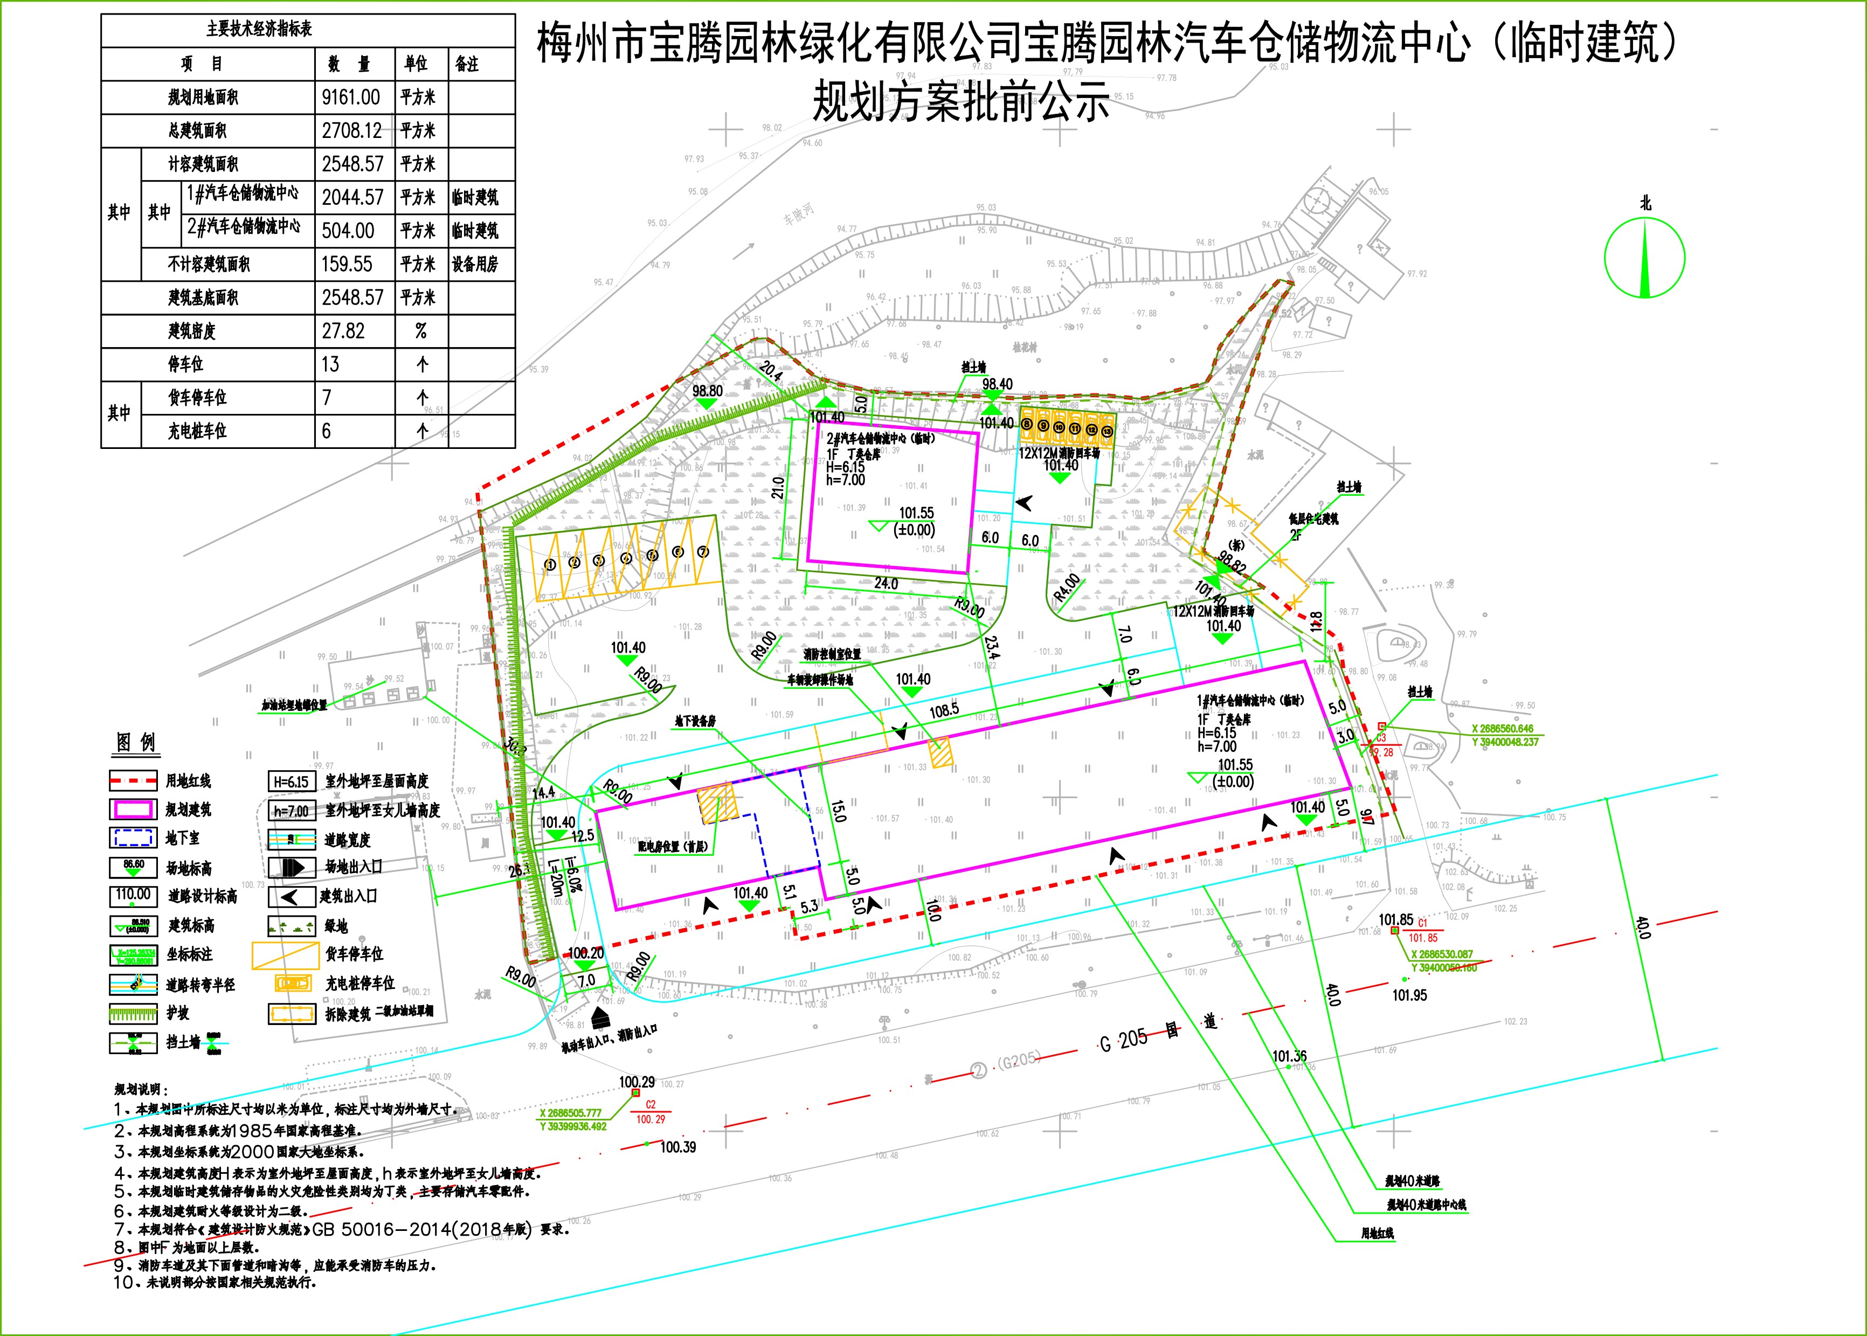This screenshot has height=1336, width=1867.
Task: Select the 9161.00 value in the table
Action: tap(351, 97)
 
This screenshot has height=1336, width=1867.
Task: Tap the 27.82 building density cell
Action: tap(343, 331)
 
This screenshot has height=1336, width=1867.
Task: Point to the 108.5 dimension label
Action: tap(944, 709)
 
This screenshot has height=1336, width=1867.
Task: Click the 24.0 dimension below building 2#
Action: tap(886, 583)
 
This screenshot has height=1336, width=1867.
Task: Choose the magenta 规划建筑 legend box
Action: tap(133, 809)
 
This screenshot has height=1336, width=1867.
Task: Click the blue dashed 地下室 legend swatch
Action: tap(133, 837)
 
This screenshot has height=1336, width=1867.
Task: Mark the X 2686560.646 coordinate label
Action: tap(1503, 728)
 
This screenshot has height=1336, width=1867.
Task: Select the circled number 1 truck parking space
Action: tap(550, 564)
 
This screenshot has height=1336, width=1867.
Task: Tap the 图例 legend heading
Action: tap(136, 743)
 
